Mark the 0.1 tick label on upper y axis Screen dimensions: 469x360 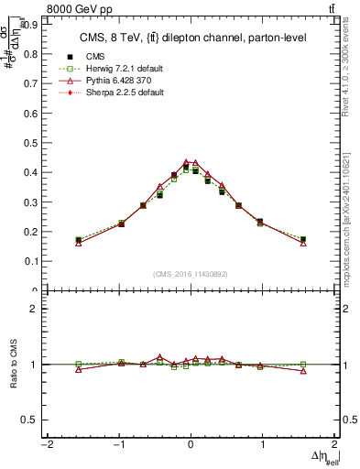tap(30, 261)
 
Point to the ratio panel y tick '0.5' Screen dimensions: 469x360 tap(30, 420)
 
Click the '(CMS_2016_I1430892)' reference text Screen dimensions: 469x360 tap(191, 274)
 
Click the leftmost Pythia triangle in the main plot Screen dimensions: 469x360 tap(79, 243)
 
